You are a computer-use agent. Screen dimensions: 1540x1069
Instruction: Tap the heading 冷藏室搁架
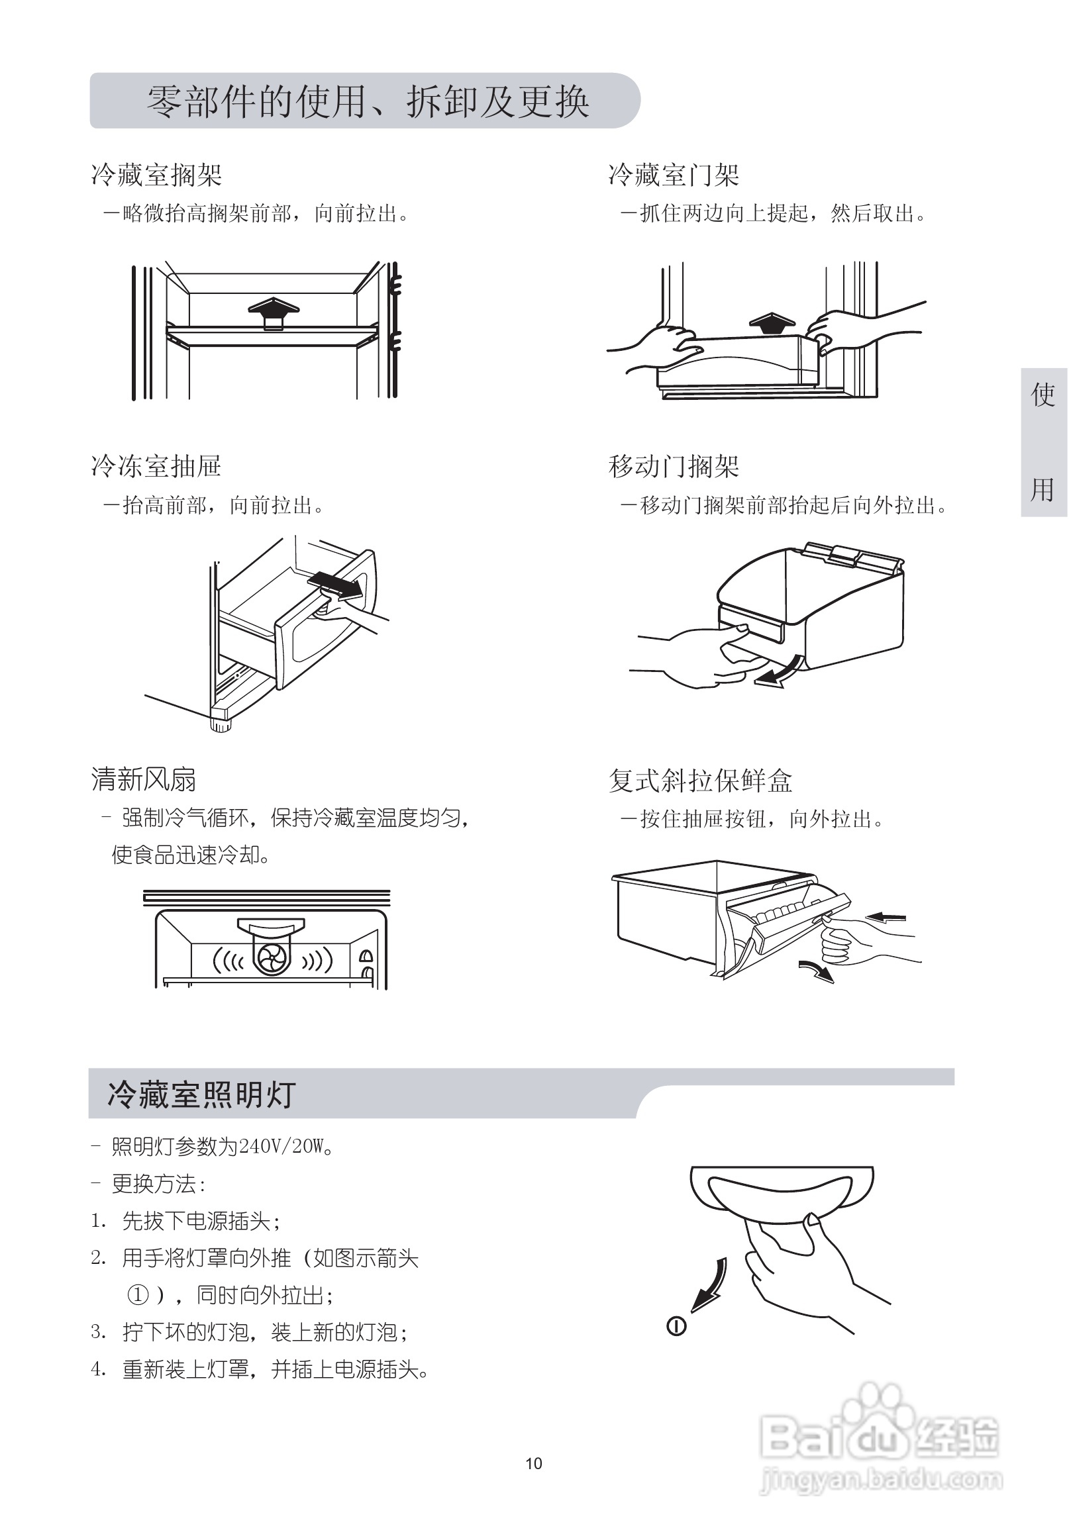point(156,175)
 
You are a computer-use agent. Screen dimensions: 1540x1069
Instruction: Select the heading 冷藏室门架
point(673,175)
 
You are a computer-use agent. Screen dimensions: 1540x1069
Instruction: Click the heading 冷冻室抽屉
point(156,467)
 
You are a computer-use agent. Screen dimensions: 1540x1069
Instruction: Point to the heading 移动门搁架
point(673,467)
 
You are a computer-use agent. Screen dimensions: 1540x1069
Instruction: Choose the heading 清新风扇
point(143,780)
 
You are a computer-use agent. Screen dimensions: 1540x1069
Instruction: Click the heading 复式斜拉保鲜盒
point(700,781)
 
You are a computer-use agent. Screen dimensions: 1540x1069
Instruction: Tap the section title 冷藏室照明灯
point(201,1094)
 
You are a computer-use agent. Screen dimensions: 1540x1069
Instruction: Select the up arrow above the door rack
point(772,324)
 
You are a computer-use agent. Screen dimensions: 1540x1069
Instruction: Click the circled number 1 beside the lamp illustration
point(676,1325)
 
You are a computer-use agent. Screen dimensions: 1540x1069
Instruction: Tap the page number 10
point(534,1464)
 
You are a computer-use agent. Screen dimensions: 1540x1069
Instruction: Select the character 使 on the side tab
point(1043,395)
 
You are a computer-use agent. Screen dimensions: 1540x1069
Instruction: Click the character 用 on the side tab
point(1043,489)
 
